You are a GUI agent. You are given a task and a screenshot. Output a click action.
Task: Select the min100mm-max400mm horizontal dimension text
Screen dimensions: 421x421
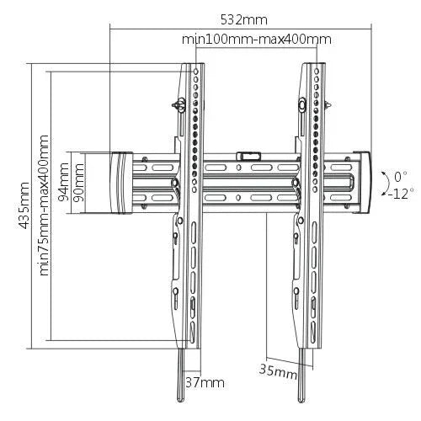point(256,39)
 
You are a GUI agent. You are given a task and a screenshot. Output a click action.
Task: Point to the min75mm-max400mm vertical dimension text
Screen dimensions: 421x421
point(44,206)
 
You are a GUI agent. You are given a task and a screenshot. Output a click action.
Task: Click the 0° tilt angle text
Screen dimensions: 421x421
point(401,176)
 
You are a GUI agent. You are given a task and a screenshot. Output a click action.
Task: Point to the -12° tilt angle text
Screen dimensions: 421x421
point(401,192)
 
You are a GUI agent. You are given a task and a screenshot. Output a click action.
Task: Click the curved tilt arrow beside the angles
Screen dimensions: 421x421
point(381,184)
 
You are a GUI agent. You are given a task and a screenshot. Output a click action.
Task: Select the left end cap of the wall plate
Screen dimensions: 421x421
point(120,182)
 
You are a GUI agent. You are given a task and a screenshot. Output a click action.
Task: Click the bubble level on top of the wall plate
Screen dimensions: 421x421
point(248,155)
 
